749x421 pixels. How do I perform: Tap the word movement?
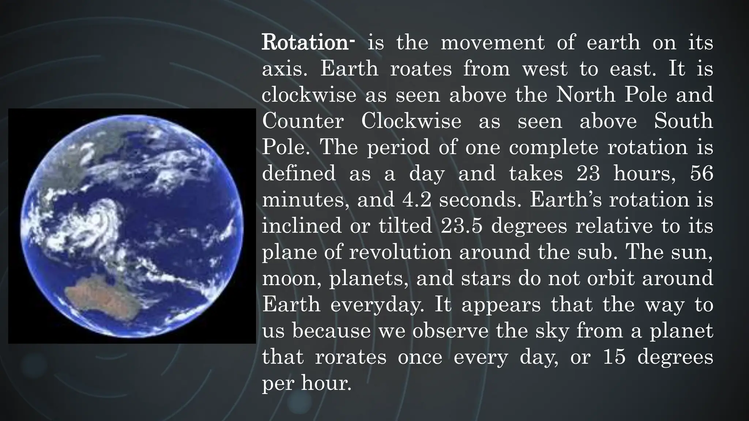point(493,43)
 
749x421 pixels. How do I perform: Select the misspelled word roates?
point(421,69)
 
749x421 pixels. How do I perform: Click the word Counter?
point(303,121)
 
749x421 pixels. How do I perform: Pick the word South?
point(683,121)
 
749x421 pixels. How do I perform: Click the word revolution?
point(400,252)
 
